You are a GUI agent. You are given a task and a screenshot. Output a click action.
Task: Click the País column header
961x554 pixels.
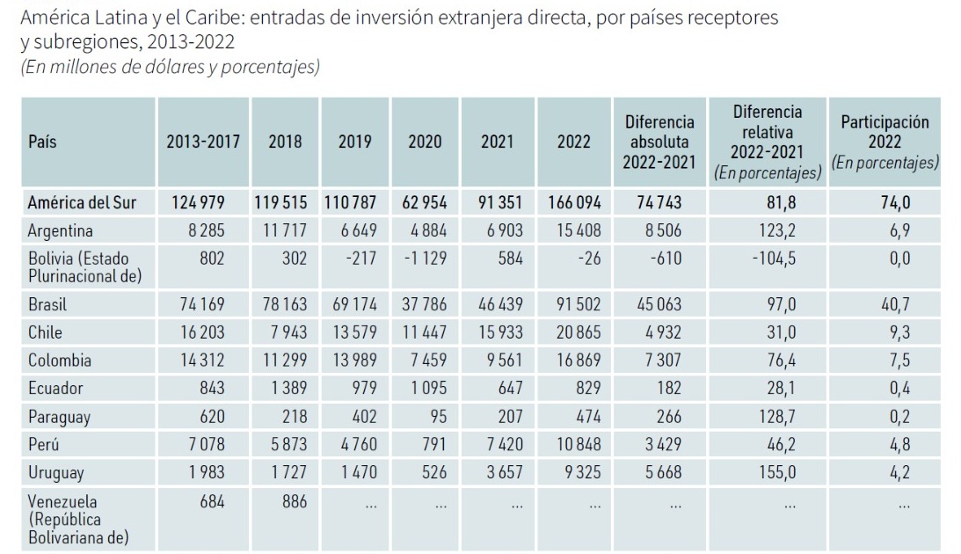point(42,142)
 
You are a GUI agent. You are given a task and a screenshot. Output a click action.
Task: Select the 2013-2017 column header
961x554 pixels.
point(203,142)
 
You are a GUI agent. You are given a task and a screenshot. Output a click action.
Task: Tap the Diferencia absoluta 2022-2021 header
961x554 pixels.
point(659,142)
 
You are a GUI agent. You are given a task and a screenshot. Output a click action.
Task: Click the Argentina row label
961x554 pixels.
point(60,231)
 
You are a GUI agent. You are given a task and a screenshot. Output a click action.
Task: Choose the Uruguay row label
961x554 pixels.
point(55,473)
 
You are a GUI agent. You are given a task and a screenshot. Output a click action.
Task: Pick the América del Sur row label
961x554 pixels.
point(82,202)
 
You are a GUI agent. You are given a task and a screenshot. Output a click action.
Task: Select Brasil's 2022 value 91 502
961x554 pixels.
point(579,304)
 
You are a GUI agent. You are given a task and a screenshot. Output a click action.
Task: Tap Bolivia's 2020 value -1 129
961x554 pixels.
point(426,258)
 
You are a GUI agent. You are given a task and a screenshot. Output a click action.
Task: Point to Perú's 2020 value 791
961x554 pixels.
point(434,444)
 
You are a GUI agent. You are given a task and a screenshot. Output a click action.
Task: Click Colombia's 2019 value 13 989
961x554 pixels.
point(355,361)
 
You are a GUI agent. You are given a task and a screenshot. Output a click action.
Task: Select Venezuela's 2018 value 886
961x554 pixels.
point(295,501)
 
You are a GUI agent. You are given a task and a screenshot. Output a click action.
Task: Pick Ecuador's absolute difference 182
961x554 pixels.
point(668,388)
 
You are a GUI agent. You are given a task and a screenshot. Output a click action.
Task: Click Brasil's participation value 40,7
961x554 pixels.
point(895,304)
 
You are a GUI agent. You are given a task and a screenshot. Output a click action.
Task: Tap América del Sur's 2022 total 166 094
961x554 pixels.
point(574,202)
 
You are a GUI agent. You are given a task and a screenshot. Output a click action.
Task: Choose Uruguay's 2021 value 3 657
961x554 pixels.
point(505,472)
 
